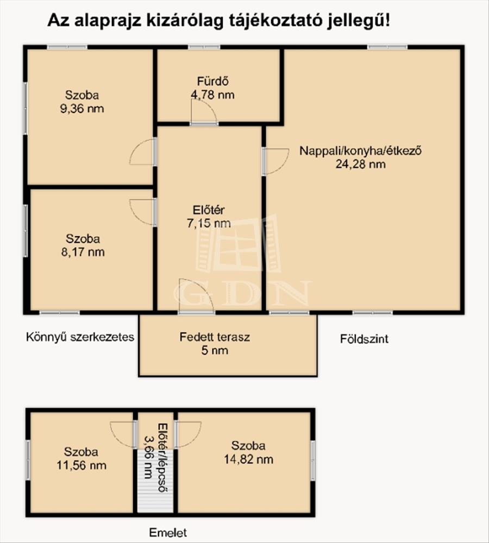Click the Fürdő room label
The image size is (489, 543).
tap(213, 81)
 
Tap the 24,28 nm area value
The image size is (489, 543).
tap(360, 164)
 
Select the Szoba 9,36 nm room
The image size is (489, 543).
tap(90, 117)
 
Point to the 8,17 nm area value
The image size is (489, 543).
tap(83, 252)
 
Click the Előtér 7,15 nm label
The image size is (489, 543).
tap(209, 217)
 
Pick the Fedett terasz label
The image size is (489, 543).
tap(215, 337)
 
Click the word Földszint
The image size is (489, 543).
tap(364, 339)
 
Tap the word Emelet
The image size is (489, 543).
tap(168, 532)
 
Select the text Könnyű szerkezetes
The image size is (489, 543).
tap(80, 337)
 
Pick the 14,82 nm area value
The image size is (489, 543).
tap(248, 459)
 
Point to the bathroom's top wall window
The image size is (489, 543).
tap(204, 47)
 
